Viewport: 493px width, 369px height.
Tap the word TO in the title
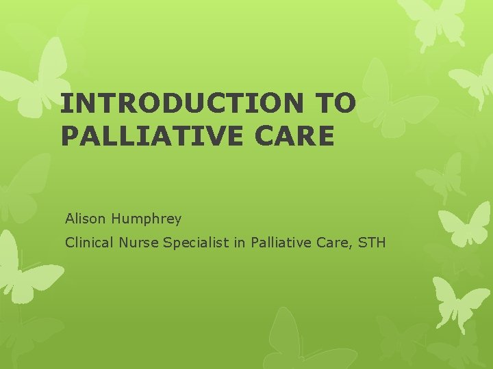click(335, 102)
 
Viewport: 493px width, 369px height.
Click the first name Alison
click(86, 219)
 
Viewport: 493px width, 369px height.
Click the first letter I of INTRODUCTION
click(64, 102)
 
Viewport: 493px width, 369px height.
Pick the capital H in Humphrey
click(115, 219)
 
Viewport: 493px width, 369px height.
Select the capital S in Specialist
click(166, 242)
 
